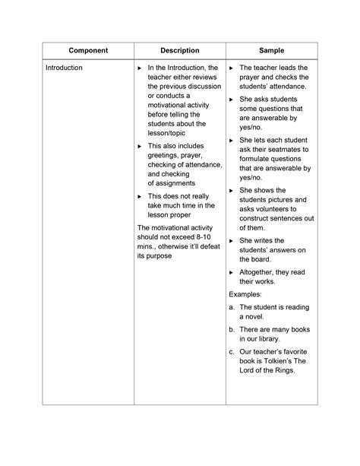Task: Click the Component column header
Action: (x=88, y=51)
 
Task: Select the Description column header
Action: (x=180, y=51)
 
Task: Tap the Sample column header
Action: (x=271, y=51)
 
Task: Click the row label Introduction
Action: (x=64, y=68)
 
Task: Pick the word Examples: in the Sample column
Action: (x=246, y=293)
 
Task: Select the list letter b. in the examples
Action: (x=232, y=329)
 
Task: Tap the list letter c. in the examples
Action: (x=232, y=351)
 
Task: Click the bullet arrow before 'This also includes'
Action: (x=139, y=146)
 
